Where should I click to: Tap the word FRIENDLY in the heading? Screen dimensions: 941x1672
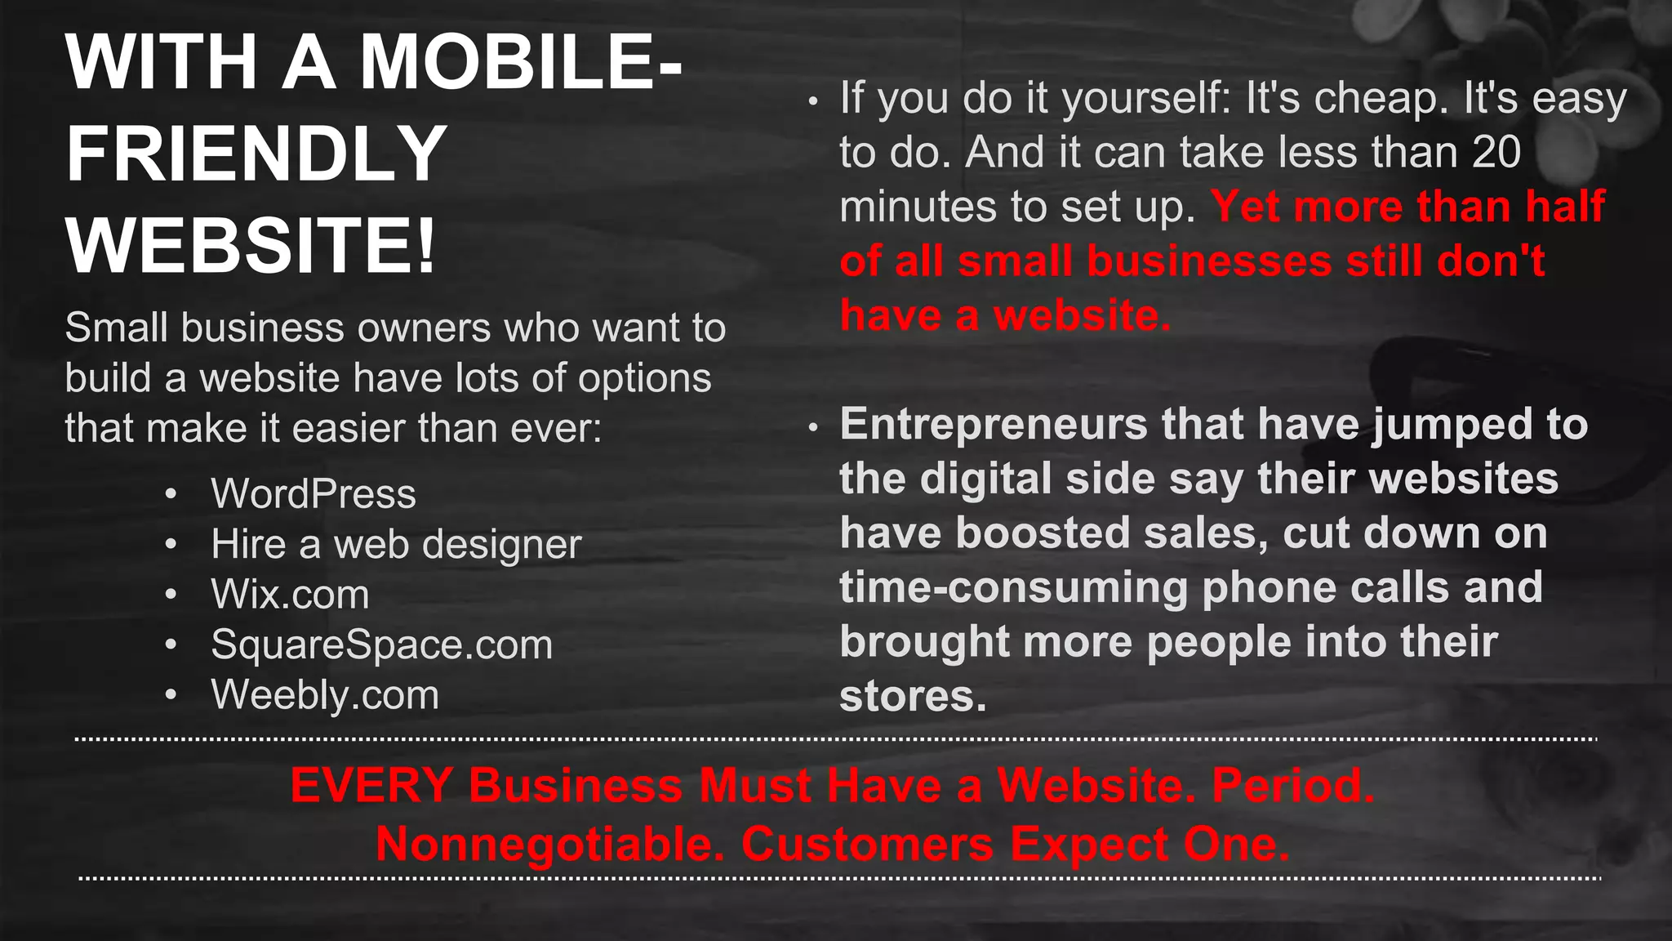tap(256, 154)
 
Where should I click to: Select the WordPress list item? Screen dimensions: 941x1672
tap(313, 493)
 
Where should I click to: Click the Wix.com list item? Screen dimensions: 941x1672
tap(290, 594)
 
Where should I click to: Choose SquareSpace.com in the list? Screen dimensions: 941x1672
tap(381, 644)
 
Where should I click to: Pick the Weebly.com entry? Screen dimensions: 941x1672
tap(325, 694)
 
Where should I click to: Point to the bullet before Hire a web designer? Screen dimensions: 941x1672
tap(171, 545)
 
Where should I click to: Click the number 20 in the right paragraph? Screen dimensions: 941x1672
tap(1496, 152)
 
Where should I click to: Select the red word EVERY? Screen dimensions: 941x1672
tap(371, 785)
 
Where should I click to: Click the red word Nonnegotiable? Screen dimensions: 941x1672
tap(549, 844)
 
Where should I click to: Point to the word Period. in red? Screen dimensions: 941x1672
tap(1293, 785)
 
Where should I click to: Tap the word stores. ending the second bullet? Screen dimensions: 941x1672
tap(913, 696)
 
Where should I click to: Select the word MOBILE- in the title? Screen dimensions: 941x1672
tap(521, 62)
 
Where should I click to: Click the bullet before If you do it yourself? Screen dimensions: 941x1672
tap(812, 102)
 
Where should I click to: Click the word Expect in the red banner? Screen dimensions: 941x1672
tap(1089, 844)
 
